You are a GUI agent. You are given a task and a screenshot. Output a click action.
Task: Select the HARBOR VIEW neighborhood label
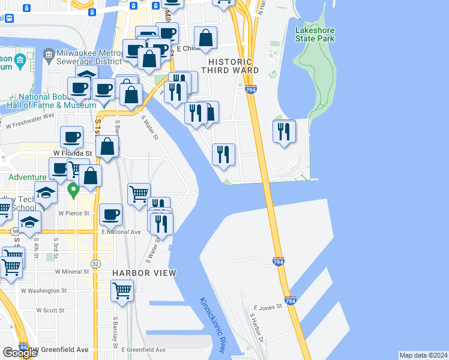(x=144, y=273)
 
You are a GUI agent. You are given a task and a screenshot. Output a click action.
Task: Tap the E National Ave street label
(x=121, y=232)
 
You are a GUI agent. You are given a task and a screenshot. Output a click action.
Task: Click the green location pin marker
(x=73, y=191)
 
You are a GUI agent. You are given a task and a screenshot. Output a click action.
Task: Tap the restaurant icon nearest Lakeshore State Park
(x=284, y=131)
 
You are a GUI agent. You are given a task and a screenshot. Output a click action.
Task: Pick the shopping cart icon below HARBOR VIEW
(x=122, y=290)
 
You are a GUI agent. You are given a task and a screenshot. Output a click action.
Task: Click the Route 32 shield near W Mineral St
(x=95, y=263)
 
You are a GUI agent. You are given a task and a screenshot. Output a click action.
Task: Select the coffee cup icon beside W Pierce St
(x=110, y=214)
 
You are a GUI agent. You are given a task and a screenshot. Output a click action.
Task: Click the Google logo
(x=20, y=353)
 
